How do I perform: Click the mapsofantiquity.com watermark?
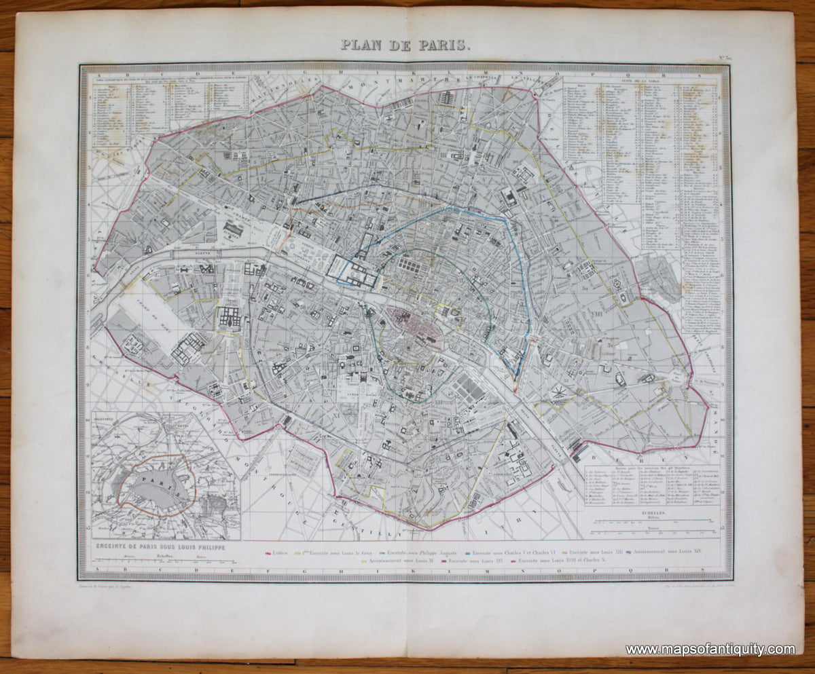coord(710,650)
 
